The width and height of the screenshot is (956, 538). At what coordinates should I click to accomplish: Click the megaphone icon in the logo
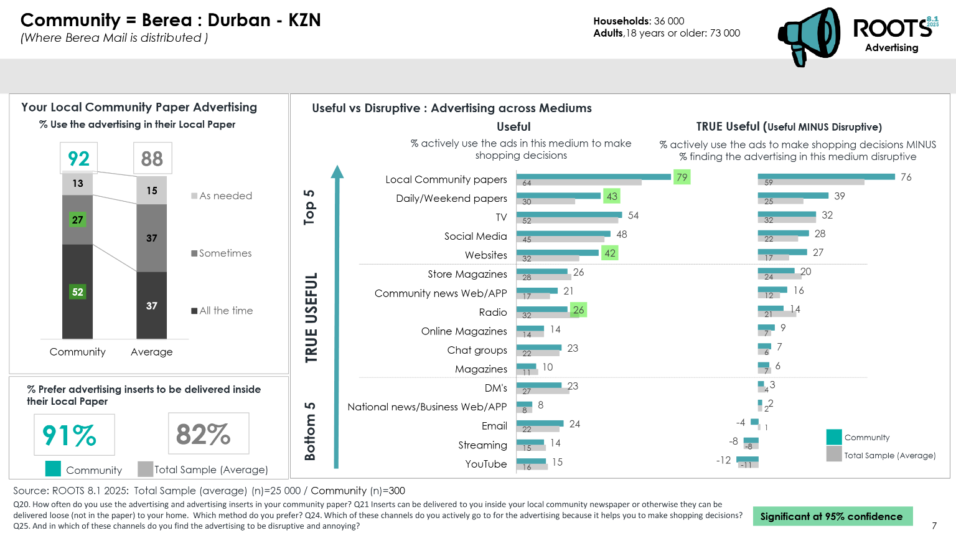pos(808,36)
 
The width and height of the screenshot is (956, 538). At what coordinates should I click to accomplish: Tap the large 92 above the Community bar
pos(79,159)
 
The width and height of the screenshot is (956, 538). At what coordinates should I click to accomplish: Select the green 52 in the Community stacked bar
pos(78,291)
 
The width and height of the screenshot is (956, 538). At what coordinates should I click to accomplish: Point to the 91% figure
pos(70,435)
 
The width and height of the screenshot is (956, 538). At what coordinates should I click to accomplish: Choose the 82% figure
pos(204,434)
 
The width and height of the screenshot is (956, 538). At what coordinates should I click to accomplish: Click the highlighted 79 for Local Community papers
pos(682,177)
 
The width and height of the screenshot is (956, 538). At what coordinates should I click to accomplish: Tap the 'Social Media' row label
pos(476,237)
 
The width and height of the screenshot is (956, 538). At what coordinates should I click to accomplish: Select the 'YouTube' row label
pos(486,464)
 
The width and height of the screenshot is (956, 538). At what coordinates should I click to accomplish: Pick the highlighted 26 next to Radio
pos(578,310)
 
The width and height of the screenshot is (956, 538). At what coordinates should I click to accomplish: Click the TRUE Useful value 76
pos(906,177)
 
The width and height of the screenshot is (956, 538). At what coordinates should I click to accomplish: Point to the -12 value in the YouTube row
pos(724,461)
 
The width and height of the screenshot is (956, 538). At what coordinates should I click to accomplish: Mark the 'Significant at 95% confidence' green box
pos(832,516)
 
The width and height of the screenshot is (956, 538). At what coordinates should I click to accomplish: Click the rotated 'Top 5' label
pos(309,207)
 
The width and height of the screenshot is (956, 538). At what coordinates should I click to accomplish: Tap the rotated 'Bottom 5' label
pos(309,432)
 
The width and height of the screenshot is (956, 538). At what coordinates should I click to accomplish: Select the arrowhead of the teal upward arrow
pos(337,172)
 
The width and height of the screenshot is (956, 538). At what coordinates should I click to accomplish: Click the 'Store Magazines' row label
pos(467,275)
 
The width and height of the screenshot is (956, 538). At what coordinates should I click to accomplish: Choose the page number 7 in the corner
pos(934,526)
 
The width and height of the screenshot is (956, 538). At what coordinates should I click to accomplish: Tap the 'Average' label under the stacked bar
pos(152,352)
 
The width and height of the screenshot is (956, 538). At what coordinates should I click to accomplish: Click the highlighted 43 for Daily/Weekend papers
pos(612,197)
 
